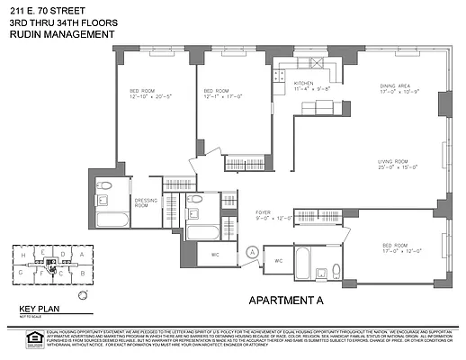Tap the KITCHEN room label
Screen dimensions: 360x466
point(305,83)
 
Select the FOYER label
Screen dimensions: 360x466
point(263,211)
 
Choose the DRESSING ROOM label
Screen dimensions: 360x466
point(147,202)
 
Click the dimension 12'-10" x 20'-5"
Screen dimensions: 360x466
point(151,97)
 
